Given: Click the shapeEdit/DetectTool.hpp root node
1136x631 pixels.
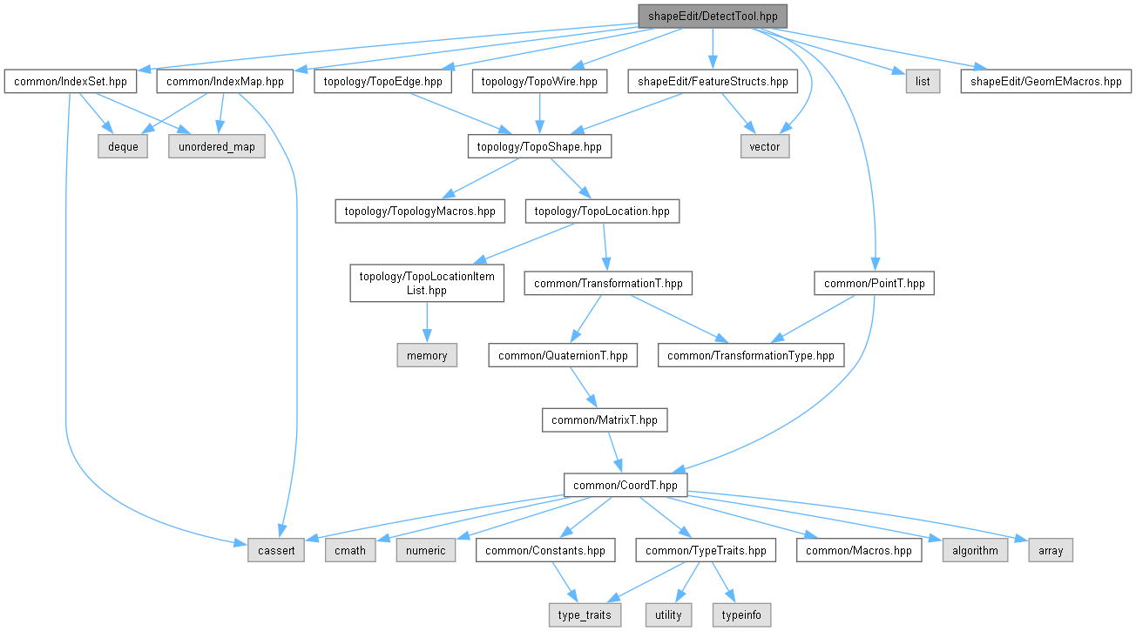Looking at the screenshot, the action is tap(713, 17).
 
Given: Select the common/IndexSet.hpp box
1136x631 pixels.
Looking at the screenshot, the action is tap(71, 81).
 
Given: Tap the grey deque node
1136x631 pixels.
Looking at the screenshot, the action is tap(123, 146).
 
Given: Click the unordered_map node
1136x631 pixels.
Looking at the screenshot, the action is tap(217, 146).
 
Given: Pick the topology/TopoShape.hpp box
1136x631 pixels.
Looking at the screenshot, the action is tap(539, 146).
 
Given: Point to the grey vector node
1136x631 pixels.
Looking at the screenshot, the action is tap(765, 146).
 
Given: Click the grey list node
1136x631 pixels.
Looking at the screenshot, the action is tap(923, 81).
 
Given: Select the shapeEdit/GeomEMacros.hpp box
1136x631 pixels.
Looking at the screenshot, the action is tap(1045, 81).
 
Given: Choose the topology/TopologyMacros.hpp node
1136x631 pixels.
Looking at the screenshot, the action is tap(420, 211).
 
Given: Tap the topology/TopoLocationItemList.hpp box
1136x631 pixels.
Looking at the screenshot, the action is tap(427, 284).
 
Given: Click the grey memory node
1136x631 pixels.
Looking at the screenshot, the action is tap(427, 355).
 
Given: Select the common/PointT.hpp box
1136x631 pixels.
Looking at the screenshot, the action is tap(875, 284).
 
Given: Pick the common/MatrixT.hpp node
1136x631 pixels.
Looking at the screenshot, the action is tap(605, 420).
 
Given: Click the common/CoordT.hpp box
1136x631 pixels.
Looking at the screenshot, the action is tap(625, 485).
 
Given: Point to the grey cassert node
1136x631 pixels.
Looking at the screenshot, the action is tap(276, 550).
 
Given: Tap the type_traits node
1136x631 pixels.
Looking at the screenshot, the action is tap(585, 614).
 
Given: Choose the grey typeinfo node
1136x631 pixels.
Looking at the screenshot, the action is tap(741, 614).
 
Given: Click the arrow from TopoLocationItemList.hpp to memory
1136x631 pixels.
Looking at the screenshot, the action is tap(427, 322).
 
